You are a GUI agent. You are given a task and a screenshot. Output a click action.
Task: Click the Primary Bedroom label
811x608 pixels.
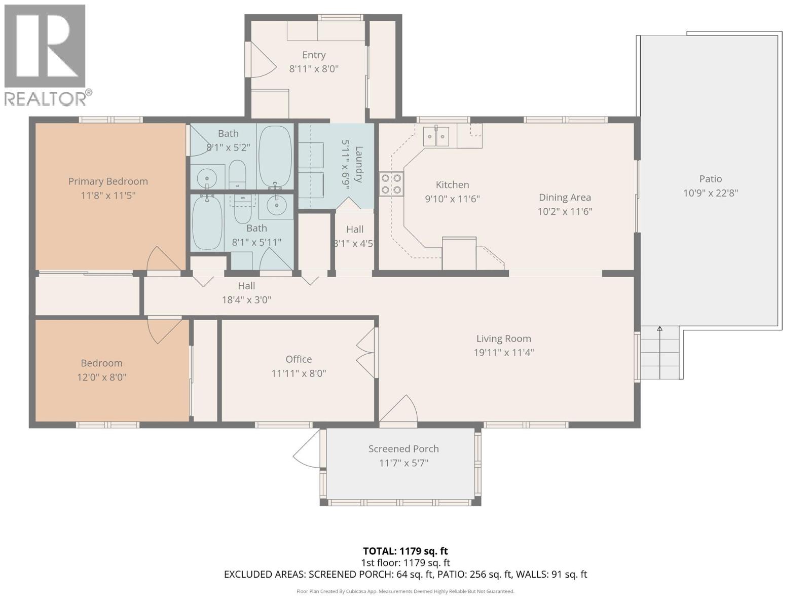(x=108, y=181)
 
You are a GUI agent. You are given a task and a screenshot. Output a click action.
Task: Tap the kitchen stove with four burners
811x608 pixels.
(x=391, y=184)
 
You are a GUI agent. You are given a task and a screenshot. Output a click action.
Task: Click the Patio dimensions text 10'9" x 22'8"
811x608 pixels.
(x=710, y=193)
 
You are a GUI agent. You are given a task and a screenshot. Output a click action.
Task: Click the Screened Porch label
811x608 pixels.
(x=403, y=449)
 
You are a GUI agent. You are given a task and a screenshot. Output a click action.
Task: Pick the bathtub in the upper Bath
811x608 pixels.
(x=275, y=156)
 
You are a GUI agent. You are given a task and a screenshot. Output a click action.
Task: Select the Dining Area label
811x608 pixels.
(x=565, y=198)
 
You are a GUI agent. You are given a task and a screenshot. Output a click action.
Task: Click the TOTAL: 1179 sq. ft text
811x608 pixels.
(x=405, y=551)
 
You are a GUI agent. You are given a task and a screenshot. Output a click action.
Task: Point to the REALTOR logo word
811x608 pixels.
(x=46, y=98)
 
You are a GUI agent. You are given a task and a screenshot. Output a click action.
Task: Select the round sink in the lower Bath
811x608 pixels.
(x=276, y=205)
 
